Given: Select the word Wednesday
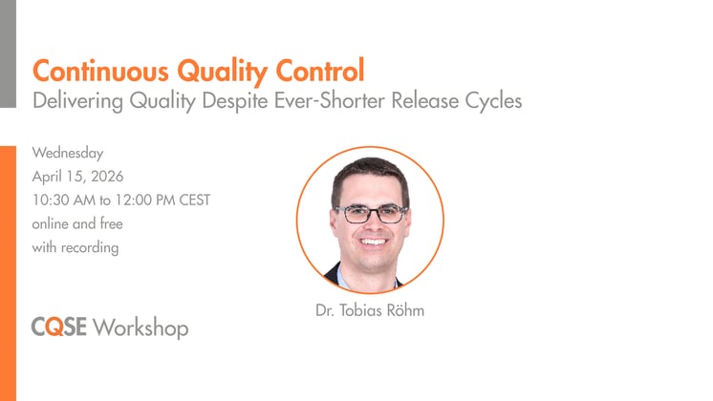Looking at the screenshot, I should (x=67, y=153).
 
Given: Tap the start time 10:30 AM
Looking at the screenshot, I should (x=66, y=200).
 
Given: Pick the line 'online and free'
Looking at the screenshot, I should (x=77, y=224).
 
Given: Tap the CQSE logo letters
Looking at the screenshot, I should (x=59, y=327).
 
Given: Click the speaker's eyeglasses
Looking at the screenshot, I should (x=372, y=213).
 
